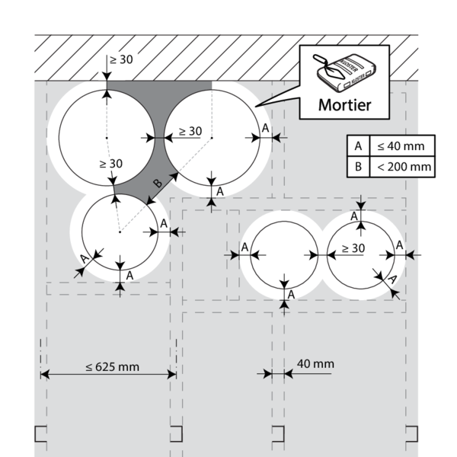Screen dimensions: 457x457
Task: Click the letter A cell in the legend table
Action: click(x=356, y=145)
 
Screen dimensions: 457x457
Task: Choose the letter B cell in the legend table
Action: click(x=356, y=167)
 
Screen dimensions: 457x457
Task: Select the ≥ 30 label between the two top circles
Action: click(x=190, y=131)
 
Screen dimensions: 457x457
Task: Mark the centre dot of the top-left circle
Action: click(x=107, y=138)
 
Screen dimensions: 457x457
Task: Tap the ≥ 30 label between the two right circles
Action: click(x=353, y=248)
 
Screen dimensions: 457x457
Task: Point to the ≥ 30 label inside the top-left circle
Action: click(x=111, y=163)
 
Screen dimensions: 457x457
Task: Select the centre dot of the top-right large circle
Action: click(x=212, y=138)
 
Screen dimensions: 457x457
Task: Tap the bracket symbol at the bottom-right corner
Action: click(x=411, y=434)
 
